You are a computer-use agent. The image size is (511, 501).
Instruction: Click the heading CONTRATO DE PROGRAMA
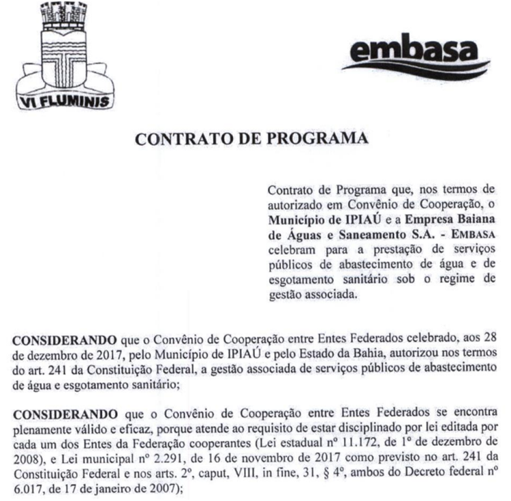[x=251, y=138]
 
